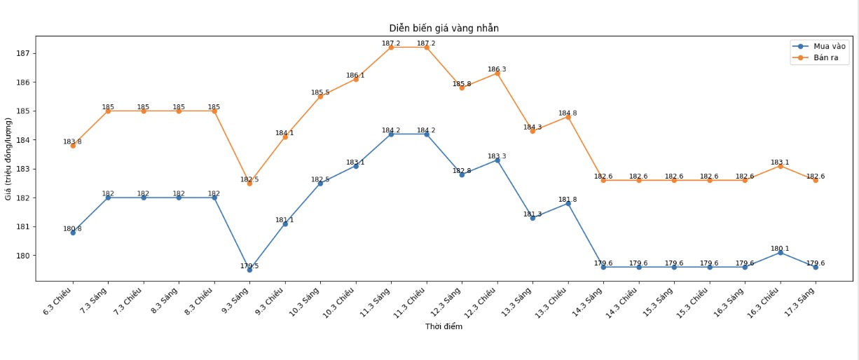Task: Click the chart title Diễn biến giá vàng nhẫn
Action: pos(444,28)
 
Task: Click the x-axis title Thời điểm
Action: pos(444,326)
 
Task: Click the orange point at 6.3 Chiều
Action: pos(73,146)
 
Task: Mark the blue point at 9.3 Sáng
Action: pos(249,270)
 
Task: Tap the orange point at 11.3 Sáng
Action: pos(391,47)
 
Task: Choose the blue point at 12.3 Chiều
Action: pos(497,160)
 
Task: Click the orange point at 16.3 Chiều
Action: pos(780,166)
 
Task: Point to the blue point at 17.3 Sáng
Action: pos(816,267)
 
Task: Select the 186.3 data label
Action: pos(497,69)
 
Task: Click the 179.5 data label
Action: pos(249,266)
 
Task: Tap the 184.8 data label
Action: pos(568,113)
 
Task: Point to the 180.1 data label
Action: pos(780,249)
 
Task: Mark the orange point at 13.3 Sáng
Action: pos(532,131)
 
